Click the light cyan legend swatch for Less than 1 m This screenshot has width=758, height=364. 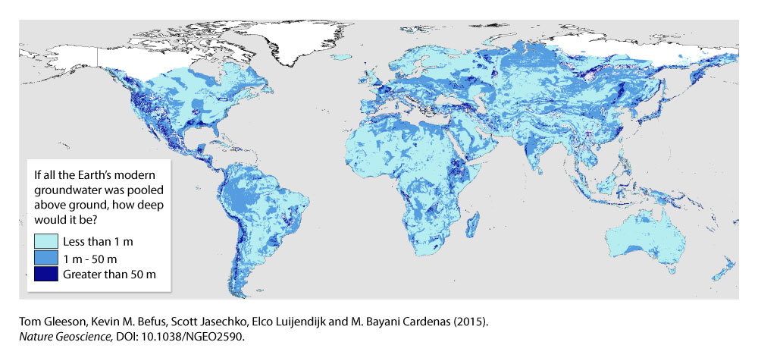(44, 243)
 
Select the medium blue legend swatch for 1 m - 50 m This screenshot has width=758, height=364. (44, 258)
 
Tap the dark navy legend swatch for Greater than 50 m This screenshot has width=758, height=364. (44, 273)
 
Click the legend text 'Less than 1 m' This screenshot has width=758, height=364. (97, 243)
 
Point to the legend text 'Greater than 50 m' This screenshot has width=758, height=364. (109, 273)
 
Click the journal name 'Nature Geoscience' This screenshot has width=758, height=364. (66, 337)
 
